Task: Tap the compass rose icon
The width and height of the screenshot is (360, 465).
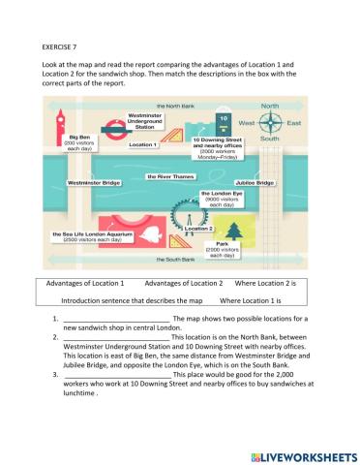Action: (x=270, y=124)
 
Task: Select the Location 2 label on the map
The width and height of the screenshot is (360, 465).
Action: (x=197, y=229)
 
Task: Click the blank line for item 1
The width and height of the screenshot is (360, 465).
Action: (x=115, y=318)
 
